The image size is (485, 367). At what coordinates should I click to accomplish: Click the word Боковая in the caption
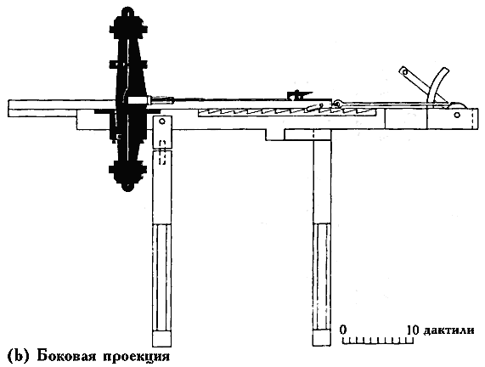pos(65,356)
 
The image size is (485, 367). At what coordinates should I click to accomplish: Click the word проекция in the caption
pos(137,357)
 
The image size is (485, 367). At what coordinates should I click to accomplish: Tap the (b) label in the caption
pos(18,356)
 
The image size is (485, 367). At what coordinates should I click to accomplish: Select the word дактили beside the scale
pos(448,330)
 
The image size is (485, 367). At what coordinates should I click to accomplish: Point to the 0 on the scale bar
pos(342,330)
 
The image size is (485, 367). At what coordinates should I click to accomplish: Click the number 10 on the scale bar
pos(413,330)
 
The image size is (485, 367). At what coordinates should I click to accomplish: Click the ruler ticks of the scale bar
pos(378,340)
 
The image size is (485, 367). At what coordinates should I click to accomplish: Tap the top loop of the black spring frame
pos(128,13)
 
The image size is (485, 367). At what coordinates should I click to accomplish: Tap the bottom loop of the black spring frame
pos(127,186)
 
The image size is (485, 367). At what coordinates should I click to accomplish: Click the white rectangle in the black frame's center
pos(137,100)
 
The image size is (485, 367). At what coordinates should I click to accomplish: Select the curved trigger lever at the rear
pos(437,84)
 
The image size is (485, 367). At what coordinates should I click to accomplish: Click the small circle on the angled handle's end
pos(404,72)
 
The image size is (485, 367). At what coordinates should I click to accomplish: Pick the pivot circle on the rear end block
pos(457,116)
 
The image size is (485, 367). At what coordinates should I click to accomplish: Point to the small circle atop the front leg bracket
pos(162,121)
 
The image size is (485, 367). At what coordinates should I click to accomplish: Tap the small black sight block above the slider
pos(298,94)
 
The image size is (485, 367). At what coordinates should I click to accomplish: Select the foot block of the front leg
pos(161,338)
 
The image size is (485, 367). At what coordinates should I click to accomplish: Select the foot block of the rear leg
pos(322,338)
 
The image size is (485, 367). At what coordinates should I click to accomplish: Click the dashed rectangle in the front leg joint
pos(162,152)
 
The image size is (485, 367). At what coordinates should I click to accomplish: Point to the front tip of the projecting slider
pos(8,109)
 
